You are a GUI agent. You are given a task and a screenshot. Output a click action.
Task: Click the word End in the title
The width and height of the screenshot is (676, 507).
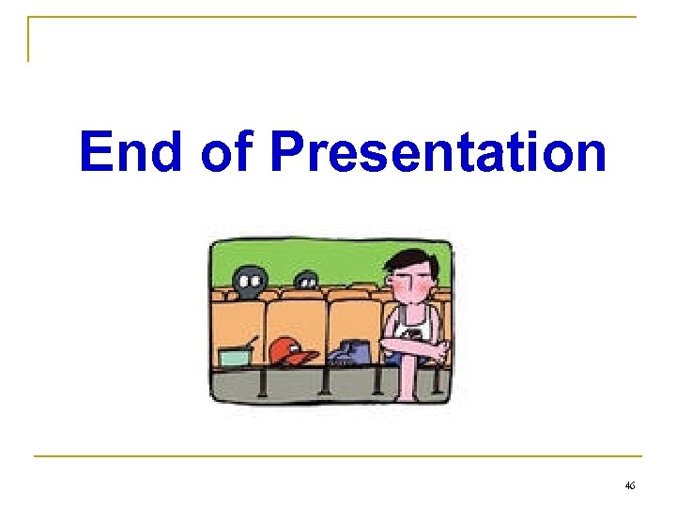(x=131, y=151)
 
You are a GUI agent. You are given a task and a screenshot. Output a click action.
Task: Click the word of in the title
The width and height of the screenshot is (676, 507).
(x=227, y=151)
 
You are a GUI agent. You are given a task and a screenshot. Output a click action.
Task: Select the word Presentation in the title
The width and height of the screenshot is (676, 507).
(x=438, y=153)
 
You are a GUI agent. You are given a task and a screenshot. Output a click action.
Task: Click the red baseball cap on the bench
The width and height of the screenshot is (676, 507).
(x=292, y=351)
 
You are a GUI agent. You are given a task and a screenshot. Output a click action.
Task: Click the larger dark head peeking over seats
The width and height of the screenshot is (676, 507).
(x=249, y=280)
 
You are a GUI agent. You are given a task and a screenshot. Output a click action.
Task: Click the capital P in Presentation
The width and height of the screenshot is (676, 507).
(x=286, y=151)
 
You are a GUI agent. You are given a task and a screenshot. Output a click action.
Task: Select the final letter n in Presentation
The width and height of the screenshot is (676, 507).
(x=590, y=157)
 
